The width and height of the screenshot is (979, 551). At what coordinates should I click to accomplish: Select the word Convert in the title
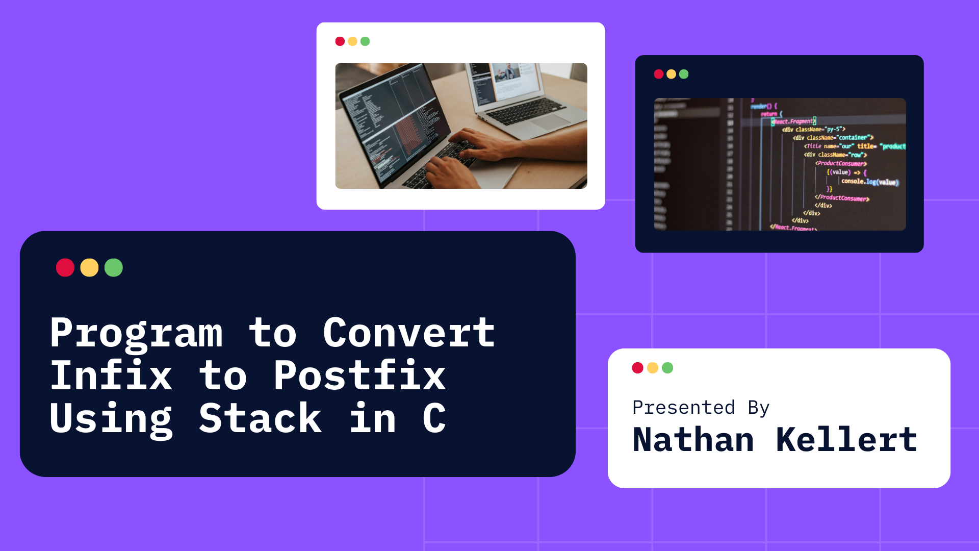tap(408, 333)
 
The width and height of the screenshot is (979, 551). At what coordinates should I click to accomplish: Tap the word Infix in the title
tap(111, 376)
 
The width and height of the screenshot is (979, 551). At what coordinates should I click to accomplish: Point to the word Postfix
tap(359, 376)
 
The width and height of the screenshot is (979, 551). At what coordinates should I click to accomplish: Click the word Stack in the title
tap(260, 418)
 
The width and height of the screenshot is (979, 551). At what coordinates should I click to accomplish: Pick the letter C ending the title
tap(434, 418)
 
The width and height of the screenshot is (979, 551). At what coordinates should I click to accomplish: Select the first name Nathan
tap(693, 440)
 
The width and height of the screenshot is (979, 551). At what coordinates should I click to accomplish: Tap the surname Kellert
tap(846, 440)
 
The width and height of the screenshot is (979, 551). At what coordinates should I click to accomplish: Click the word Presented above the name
tap(683, 408)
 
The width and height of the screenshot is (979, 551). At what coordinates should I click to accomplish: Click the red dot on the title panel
tap(65, 268)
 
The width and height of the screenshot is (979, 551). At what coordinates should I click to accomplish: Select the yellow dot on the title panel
tap(89, 268)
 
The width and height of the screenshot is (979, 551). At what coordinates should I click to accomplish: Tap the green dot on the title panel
tap(114, 268)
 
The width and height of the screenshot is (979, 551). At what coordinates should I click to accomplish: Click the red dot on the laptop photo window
tap(340, 41)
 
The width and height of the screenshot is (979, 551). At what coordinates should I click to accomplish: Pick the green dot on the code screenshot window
tap(684, 74)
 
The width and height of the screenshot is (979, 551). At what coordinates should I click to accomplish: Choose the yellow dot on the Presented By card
tap(653, 368)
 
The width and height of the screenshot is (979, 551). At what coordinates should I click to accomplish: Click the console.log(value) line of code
tap(869, 182)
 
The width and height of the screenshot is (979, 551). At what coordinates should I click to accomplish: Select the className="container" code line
tap(833, 138)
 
